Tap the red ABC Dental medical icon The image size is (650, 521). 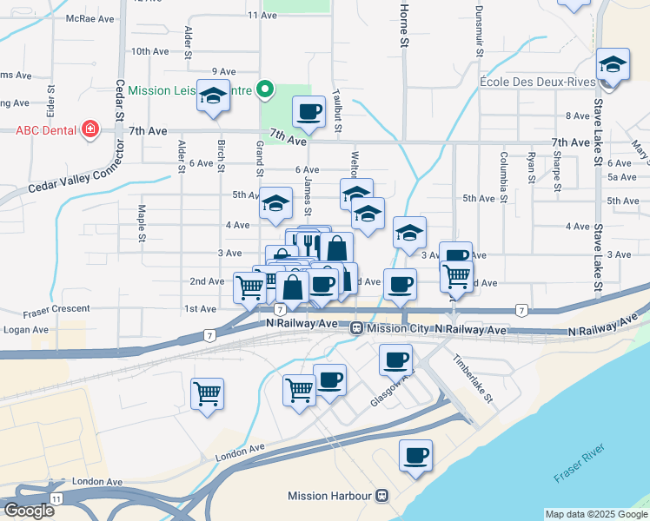point(89,131)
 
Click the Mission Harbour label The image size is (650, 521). point(330,497)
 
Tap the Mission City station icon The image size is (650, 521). point(356,329)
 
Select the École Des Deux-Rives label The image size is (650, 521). point(536,82)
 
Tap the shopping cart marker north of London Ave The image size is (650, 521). point(208,393)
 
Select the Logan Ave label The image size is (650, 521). point(26,330)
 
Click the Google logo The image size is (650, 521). point(29,511)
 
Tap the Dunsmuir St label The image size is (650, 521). point(479,30)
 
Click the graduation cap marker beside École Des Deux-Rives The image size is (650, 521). point(613,64)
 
